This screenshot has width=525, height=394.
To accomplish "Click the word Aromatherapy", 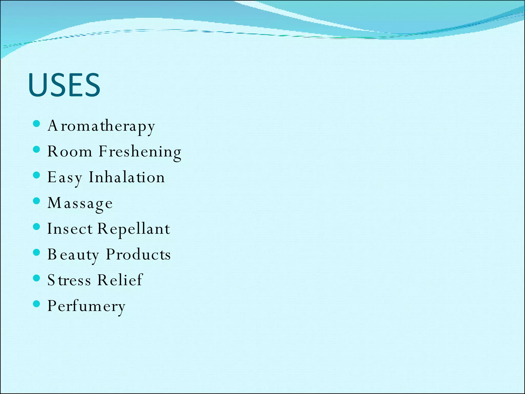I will [x=101, y=126].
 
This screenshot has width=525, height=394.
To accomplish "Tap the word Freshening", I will [x=140, y=152].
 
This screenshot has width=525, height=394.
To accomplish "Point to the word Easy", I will [x=65, y=178].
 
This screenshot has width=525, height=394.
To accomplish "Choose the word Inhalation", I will [x=127, y=177].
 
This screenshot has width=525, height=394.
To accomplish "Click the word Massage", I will [x=80, y=203].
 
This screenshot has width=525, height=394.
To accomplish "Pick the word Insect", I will [x=70, y=229].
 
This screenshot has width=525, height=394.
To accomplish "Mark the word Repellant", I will [x=134, y=229].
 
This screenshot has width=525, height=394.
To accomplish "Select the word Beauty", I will [x=73, y=255].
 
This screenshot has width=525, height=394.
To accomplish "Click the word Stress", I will [x=69, y=280].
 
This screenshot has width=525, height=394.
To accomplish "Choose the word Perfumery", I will [x=86, y=306].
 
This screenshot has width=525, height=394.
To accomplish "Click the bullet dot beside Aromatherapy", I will [x=37, y=124].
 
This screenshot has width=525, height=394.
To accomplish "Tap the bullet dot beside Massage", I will [x=37, y=201].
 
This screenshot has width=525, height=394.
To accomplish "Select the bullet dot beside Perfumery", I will [x=37, y=304].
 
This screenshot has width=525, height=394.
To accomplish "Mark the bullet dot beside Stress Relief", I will [x=37, y=278].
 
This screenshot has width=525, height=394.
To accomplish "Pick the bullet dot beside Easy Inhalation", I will [x=37, y=175].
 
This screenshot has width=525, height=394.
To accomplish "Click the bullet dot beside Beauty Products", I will [x=37, y=252].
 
